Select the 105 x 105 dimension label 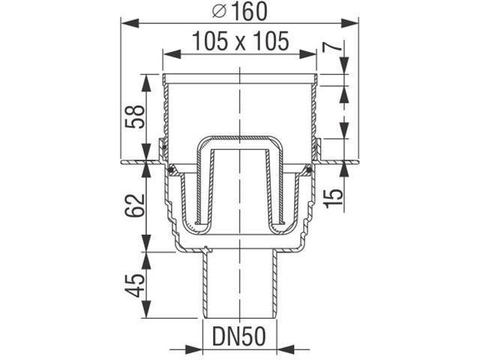[x=239, y=42]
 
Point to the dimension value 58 [x=134, y=116]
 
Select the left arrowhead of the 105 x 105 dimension [x=167, y=54]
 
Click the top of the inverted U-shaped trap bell [x=239, y=141]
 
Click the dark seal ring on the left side [x=174, y=169]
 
